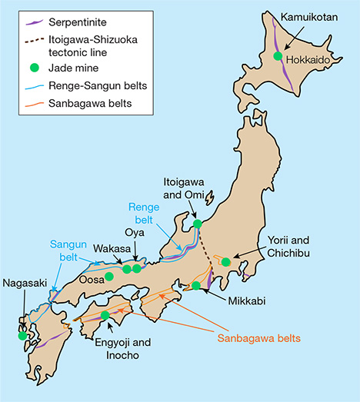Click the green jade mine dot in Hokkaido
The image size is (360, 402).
278,56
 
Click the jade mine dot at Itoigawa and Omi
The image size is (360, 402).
198,224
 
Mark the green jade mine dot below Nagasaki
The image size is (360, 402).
24,335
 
